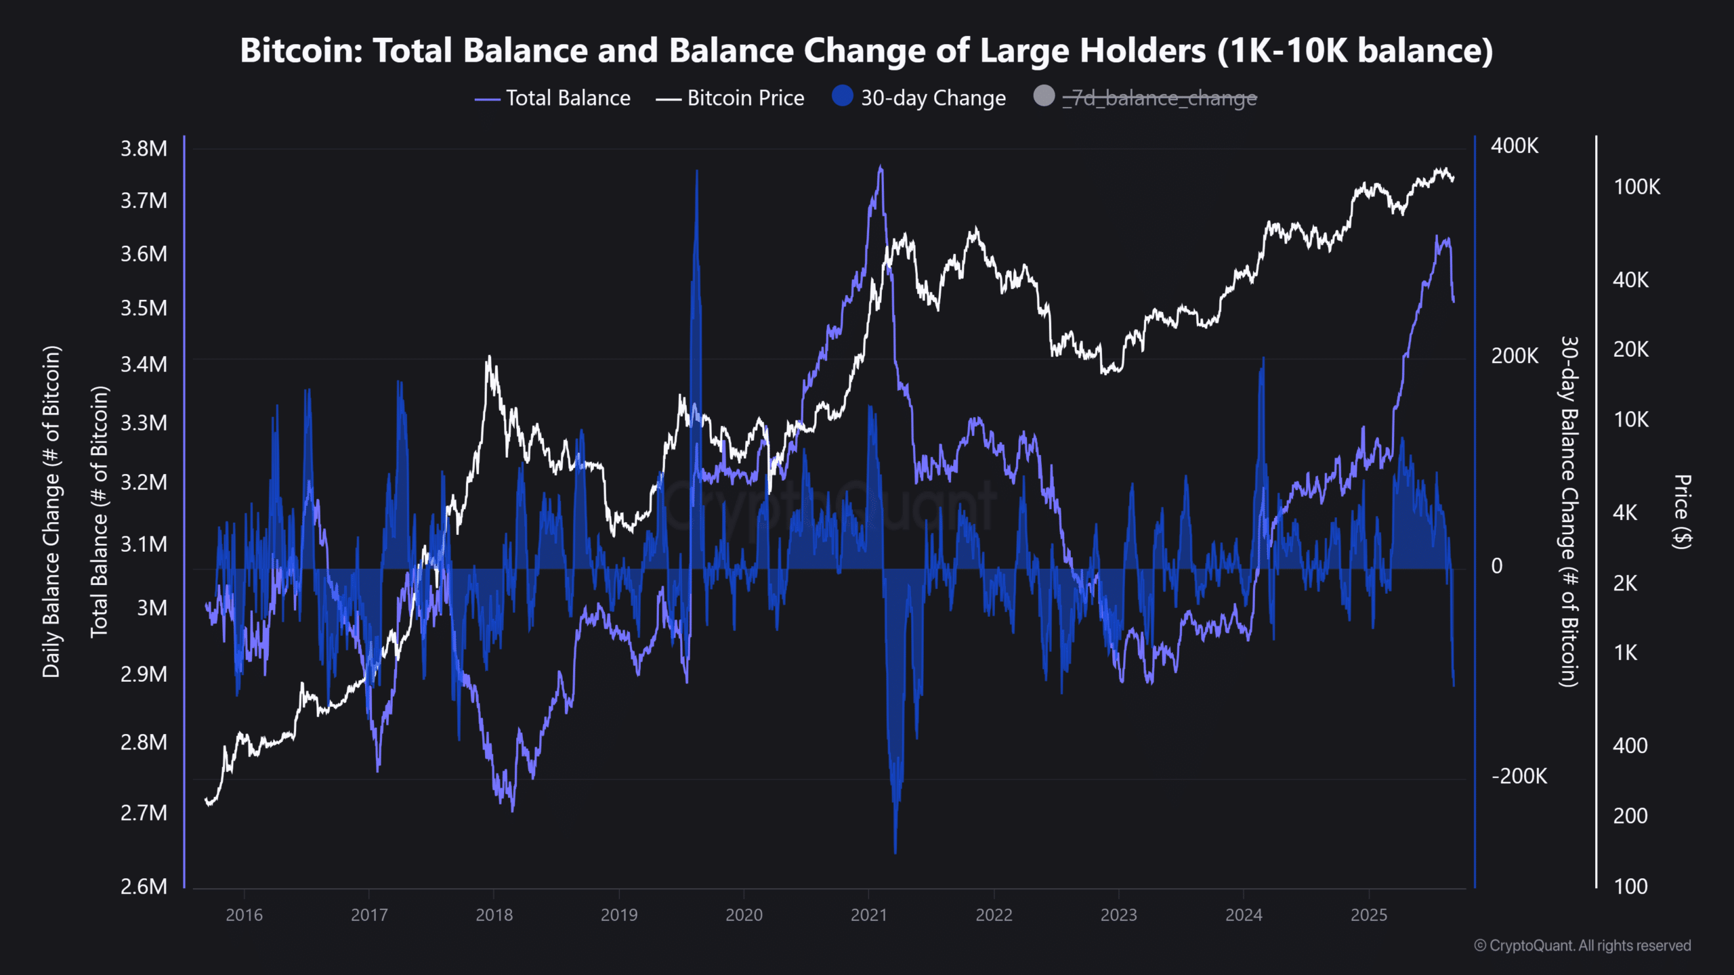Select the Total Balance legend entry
pyautogui.click(x=568, y=98)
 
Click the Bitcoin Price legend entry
pyautogui.click(x=745, y=98)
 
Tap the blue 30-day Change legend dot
pyautogui.click(x=842, y=96)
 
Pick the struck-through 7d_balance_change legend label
pyautogui.click(x=1159, y=98)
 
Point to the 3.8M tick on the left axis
pyautogui.click(x=144, y=148)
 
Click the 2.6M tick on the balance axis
pyautogui.click(x=144, y=886)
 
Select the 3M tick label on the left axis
pyautogui.click(x=152, y=608)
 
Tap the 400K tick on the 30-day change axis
pyautogui.click(x=1515, y=146)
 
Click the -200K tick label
pyautogui.click(x=1519, y=776)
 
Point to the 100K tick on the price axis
pyautogui.click(x=1636, y=187)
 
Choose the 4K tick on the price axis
pyautogui.click(x=1625, y=513)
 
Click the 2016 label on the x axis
pyautogui.click(x=244, y=915)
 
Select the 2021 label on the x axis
pyautogui.click(x=868, y=915)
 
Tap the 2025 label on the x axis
pyautogui.click(x=1368, y=915)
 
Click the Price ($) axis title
pyautogui.click(x=1683, y=512)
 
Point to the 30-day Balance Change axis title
pyautogui.click(x=1569, y=512)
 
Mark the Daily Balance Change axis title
pyautogui.click(x=51, y=512)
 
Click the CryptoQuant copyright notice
pyautogui.click(x=1582, y=946)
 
